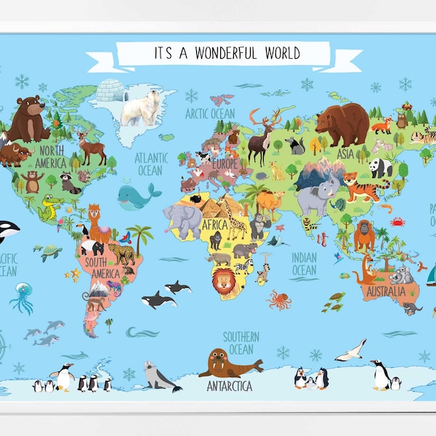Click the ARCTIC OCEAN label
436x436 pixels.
(210, 113)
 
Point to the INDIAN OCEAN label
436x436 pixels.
(304, 263)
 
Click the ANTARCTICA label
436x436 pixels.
(229, 385)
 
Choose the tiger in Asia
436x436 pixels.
(362, 188)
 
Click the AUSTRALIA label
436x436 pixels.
(387, 293)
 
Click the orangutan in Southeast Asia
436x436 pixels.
(364, 235)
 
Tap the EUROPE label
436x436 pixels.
(225, 163)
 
